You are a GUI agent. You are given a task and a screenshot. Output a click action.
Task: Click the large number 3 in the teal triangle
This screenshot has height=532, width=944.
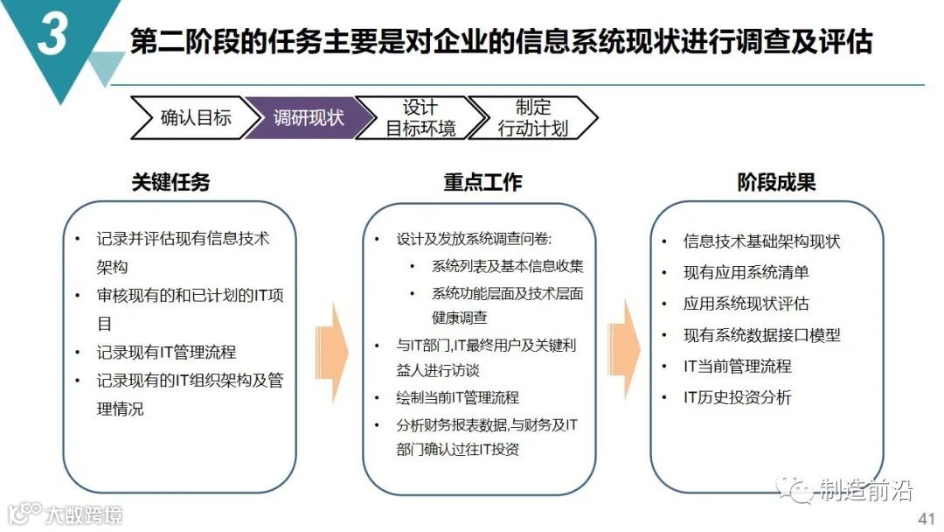(52, 37)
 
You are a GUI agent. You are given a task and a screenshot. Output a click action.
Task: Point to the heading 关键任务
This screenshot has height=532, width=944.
(170, 182)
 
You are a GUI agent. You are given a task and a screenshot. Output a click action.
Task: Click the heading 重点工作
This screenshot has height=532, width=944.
(482, 182)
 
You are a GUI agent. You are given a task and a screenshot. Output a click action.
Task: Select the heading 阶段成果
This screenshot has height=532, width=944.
(776, 182)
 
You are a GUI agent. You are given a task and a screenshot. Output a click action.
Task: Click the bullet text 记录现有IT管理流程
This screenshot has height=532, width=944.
(166, 353)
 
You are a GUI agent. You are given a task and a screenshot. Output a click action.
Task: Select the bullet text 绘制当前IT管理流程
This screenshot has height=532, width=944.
(457, 397)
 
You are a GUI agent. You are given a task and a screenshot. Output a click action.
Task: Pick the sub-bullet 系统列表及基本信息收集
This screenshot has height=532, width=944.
(507, 266)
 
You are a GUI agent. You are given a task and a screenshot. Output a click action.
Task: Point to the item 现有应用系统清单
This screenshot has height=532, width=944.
(746, 272)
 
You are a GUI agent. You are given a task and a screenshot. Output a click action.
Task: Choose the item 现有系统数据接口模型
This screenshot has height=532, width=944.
(761, 335)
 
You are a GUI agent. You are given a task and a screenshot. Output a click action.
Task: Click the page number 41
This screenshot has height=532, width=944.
(926, 518)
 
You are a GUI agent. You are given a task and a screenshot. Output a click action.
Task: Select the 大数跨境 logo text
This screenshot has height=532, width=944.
(83, 514)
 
